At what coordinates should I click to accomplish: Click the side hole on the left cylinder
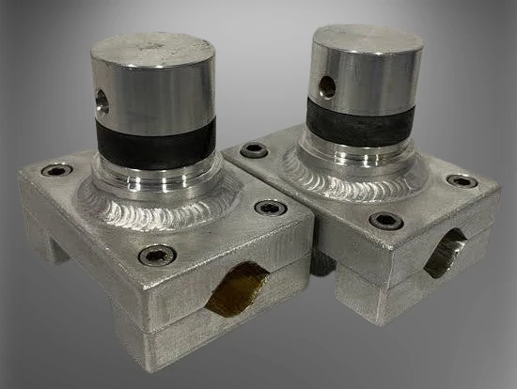click(102, 101)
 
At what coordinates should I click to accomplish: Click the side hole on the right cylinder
click(327, 86)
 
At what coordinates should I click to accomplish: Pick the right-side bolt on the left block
click(270, 208)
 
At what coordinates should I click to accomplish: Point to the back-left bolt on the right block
click(254, 150)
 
